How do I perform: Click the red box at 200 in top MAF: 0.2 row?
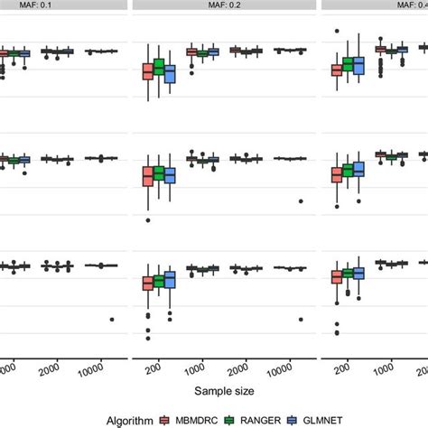pyautogui.click(x=148, y=72)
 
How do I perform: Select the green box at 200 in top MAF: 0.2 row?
pyautogui.click(x=159, y=67)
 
